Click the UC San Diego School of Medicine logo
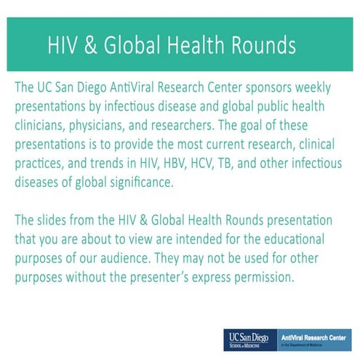[249, 340]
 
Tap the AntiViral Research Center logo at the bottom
[315, 340]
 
